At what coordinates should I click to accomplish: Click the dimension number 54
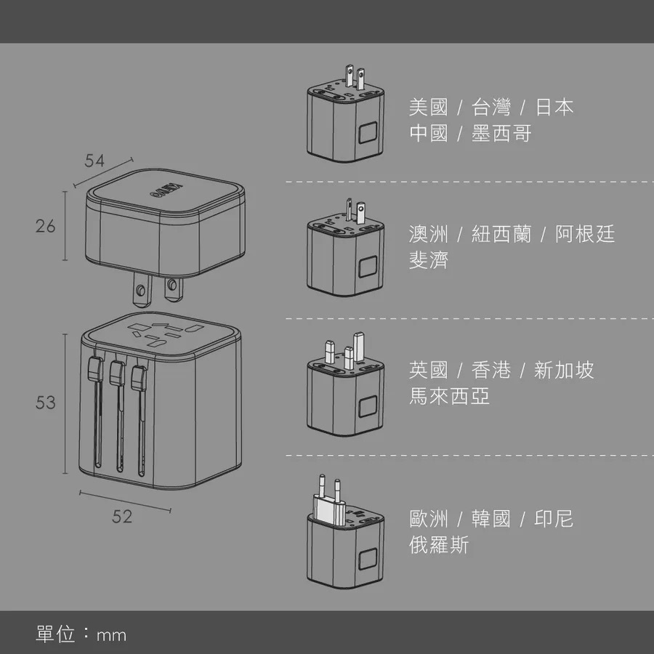[94, 161]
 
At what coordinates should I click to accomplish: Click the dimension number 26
[46, 226]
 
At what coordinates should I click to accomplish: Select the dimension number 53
[46, 403]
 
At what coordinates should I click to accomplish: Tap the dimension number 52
[122, 517]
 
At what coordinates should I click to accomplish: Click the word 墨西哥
[501, 134]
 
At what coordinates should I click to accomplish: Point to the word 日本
[554, 108]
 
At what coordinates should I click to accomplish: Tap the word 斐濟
[428, 260]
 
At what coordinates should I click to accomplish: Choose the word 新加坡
[564, 370]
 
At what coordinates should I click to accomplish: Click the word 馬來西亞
[449, 396]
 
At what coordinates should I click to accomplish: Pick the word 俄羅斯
[439, 545]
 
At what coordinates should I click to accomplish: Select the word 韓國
[491, 519]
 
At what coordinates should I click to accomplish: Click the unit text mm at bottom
[111, 635]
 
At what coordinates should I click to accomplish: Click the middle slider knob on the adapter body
[117, 373]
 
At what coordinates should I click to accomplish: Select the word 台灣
[491, 108]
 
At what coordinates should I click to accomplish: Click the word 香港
[491, 370]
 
